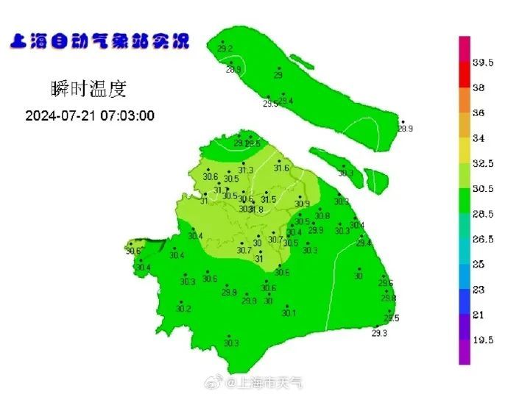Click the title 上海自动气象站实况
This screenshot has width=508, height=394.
click(99, 40)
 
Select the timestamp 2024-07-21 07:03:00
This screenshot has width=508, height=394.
click(90, 116)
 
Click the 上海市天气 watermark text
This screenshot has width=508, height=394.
click(264, 383)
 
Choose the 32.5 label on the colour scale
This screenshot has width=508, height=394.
click(483, 163)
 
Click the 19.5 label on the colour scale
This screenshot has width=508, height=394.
click(483, 340)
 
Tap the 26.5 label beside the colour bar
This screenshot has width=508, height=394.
click(483, 239)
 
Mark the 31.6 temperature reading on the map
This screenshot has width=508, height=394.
click(281, 168)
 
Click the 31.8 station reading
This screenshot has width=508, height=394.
click(256, 209)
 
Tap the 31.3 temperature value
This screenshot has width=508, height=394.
click(245, 171)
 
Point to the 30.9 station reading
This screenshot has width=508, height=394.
click(302, 204)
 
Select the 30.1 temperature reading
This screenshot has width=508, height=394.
click(289, 313)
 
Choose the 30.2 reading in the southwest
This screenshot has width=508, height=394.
click(183, 309)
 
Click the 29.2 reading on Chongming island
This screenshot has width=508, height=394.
click(225, 49)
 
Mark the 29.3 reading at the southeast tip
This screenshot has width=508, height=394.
click(379, 333)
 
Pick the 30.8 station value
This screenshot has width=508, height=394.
click(322, 216)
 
